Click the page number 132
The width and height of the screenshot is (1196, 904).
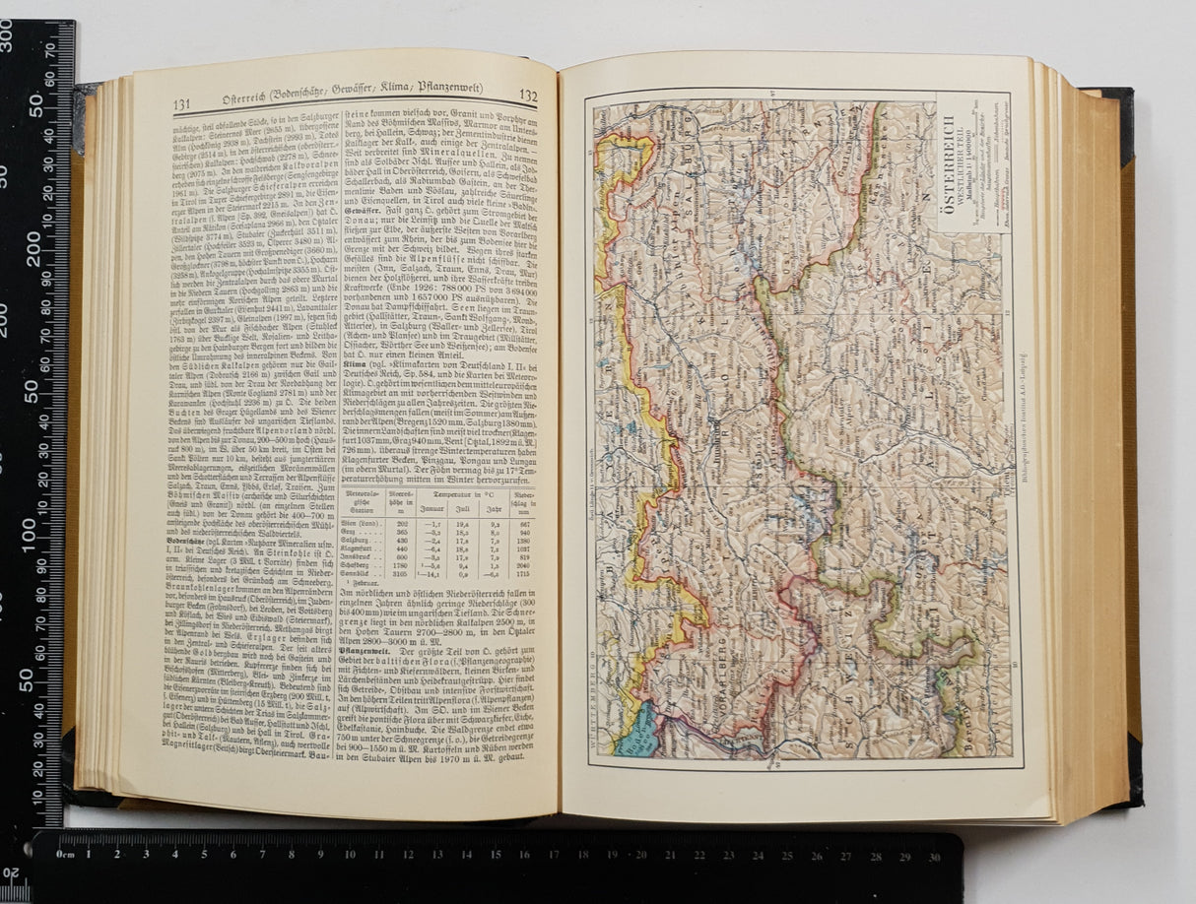tap(527, 97)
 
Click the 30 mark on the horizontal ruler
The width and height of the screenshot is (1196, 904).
tap(932, 857)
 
